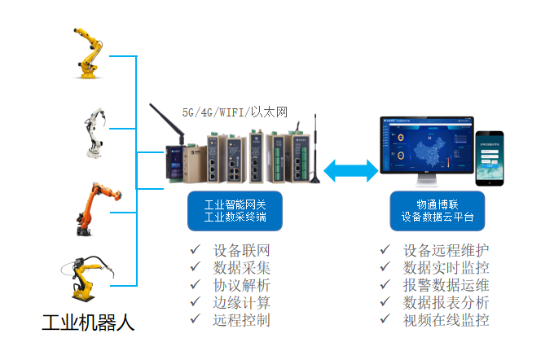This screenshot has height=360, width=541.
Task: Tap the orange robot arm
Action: [x=91, y=209]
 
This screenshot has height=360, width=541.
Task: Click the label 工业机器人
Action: [x=88, y=323]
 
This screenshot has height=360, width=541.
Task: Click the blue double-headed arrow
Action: [x=351, y=170]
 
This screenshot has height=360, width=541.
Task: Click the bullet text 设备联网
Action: [x=241, y=249]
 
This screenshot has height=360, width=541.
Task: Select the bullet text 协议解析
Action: [x=241, y=285]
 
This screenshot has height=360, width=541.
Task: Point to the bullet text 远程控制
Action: [x=241, y=320]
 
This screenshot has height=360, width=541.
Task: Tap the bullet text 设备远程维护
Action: [x=446, y=249]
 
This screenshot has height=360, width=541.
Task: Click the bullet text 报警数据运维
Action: [x=446, y=285]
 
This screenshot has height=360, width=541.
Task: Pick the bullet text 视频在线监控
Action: [x=446, y=320]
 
